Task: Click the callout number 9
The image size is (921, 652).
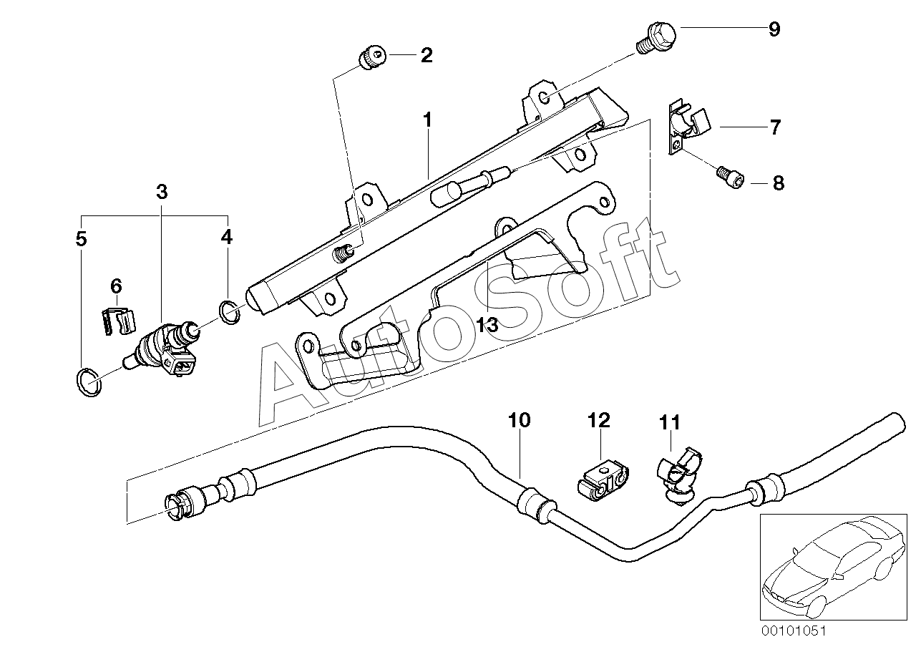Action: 774,29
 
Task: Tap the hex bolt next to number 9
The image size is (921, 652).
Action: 657,38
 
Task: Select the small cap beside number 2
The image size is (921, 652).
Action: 373,57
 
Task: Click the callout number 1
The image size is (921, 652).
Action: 428,120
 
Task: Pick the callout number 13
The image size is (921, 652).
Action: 487,324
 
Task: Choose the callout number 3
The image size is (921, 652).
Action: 162,192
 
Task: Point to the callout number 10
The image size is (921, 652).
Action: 520,420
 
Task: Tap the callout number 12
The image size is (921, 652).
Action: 599,420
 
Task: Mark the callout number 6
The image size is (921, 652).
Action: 117,286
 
